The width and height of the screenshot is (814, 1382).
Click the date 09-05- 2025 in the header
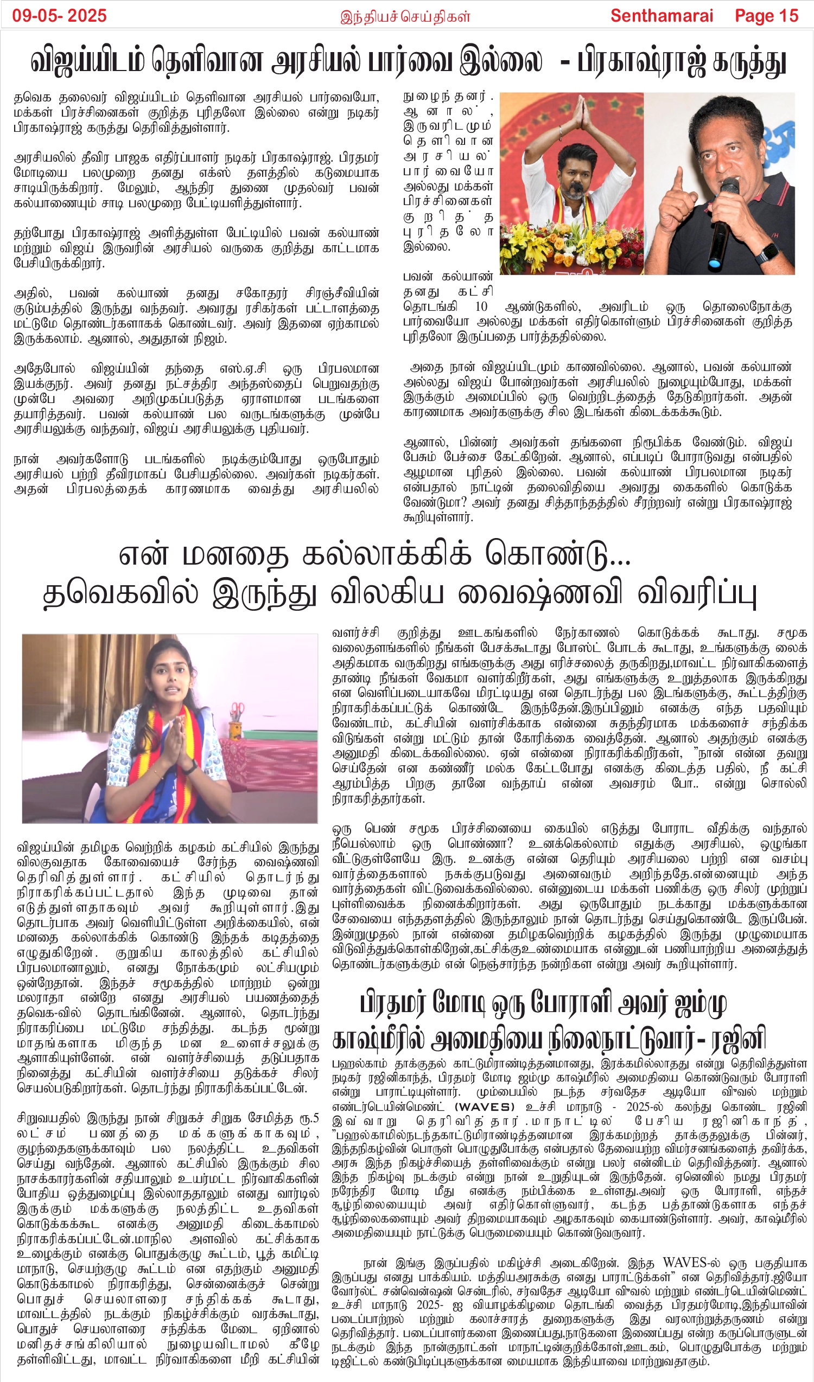[59, 15]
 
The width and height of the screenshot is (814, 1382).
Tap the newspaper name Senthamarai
[662, 15]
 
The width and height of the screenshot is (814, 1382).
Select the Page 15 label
[766, 15]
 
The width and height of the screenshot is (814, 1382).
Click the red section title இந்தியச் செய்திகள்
[405, 16]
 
